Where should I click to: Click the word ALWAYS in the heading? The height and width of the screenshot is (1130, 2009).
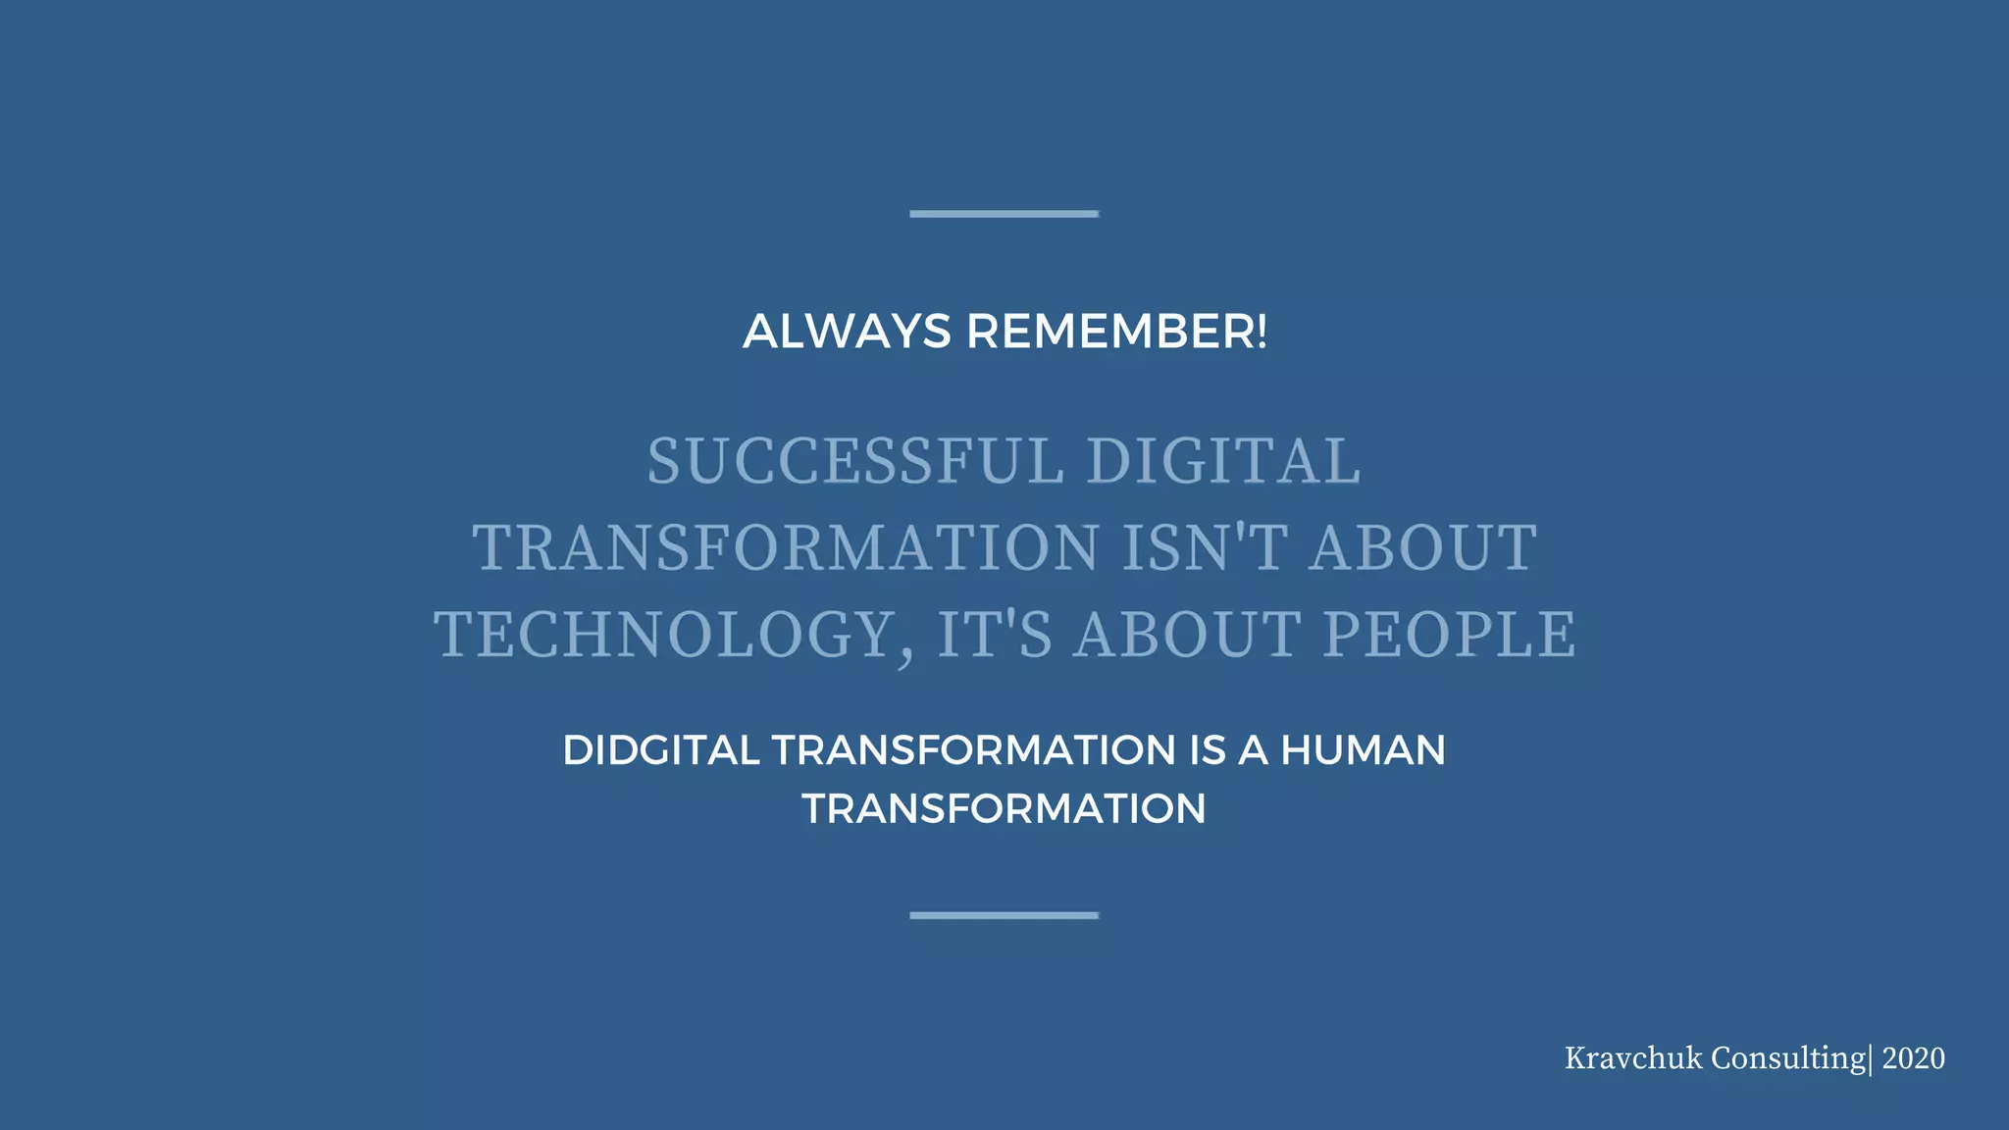(x=847, y=332)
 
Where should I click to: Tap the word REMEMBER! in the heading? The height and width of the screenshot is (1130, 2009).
(x=1116, y=332)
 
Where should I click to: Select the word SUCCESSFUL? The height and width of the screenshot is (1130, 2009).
(x=855, y=461)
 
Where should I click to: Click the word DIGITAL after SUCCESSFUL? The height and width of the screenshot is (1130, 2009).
(x=1223, y=461)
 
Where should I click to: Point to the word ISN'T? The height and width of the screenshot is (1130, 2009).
(x=1204, y=547)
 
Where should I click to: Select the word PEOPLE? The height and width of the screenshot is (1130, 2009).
(x=1450, y=635)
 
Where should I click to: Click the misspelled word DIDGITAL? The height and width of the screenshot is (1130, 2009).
(x=661, y=750)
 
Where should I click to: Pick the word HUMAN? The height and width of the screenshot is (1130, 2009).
(x=1363, y=750)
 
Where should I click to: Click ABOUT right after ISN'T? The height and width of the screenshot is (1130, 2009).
(x=1423, y=547)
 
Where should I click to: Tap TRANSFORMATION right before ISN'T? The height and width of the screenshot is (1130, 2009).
(x=786, y=547)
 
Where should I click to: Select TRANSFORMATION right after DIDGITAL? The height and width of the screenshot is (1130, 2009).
(x=973, y=750)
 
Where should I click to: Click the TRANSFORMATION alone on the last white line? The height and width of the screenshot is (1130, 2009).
(x=1004, y=809)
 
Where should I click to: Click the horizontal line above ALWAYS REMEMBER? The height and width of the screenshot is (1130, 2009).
(x=1004, y=213)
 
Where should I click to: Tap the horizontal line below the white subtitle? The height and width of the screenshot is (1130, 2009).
(x=1004, y=915)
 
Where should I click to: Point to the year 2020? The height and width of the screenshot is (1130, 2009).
(x=1913, y=1058)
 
